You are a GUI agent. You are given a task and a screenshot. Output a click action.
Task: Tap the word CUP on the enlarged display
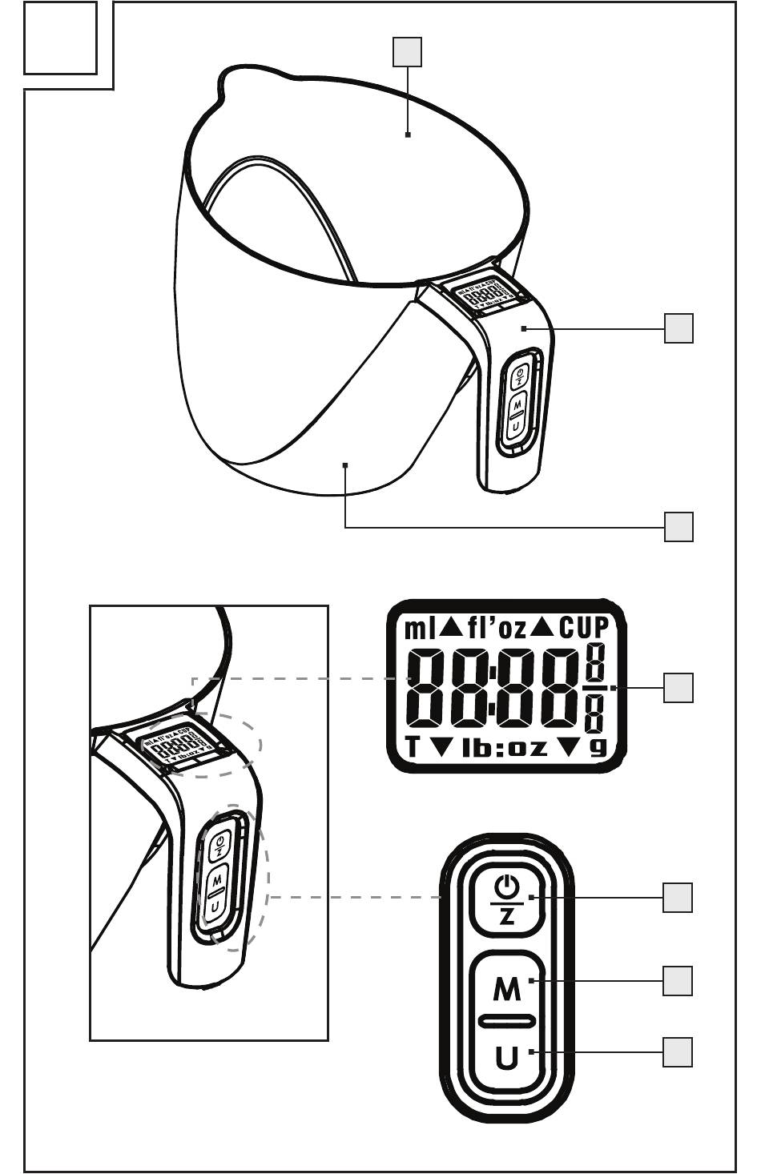(x=584, y=629)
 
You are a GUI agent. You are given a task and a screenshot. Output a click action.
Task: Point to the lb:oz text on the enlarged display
(x=505, y=749)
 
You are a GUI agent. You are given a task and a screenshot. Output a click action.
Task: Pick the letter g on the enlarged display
(x=598, y=748)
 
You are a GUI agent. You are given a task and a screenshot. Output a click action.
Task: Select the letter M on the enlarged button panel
(x=506, y=991)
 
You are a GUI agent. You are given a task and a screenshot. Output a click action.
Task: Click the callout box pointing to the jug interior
(x=407, y=52)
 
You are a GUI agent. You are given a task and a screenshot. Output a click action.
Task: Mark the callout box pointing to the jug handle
(x=678, y=328)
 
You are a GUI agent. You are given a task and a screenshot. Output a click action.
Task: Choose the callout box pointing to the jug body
(x=678, y=527)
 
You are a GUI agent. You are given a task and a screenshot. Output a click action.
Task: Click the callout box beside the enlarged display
(x=678, y=688)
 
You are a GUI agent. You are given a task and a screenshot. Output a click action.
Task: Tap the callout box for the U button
(x=678, y=1052)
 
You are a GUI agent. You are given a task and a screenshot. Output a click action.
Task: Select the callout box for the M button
(x=678, y=980)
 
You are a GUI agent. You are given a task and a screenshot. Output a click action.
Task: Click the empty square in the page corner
(x=60, y=38)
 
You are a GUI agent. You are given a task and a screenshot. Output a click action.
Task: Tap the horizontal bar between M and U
(x=506, y=1021)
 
